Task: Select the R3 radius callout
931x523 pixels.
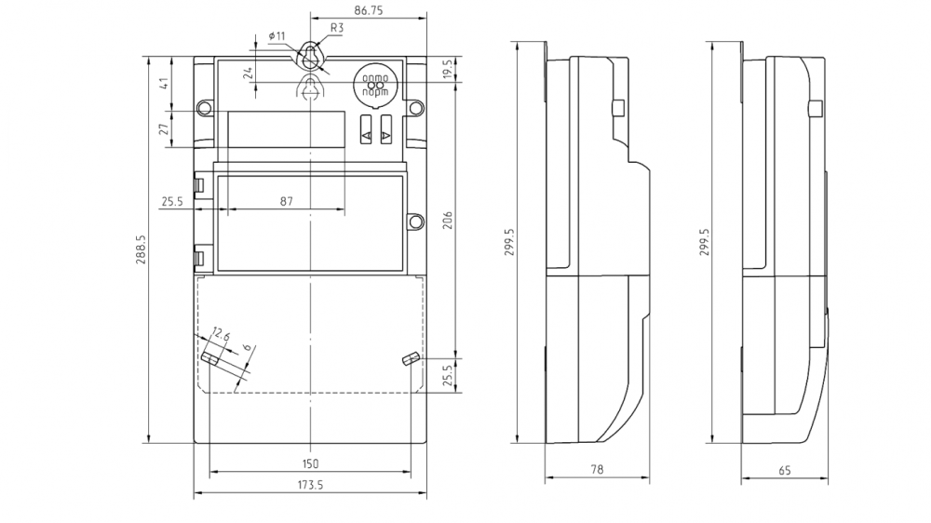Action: click(x=337, y=29)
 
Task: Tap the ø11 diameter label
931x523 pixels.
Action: click(x=277, y=35)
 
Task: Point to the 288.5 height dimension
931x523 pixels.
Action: click(x=142, y=249)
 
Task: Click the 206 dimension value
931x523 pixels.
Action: click(x=447, y=220)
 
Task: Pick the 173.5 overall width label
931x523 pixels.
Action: click(x=309, y=486)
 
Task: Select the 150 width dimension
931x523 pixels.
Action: click(x=310, y=463)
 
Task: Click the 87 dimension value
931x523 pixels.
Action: click(x=287, y=201)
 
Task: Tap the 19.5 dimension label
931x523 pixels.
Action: click(x=447, y=70)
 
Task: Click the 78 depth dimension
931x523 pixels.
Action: click(x=596, y=471)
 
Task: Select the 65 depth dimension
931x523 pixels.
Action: click(x=784, y=471)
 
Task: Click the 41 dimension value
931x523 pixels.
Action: click(x=162, y=84)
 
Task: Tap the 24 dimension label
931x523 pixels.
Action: click(x=249, y=73)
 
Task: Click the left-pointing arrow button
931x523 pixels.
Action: click(x=365, y=136)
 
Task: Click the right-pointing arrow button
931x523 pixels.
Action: click(x=385, y=136)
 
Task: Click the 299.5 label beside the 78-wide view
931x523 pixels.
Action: click(x=508, y=240)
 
